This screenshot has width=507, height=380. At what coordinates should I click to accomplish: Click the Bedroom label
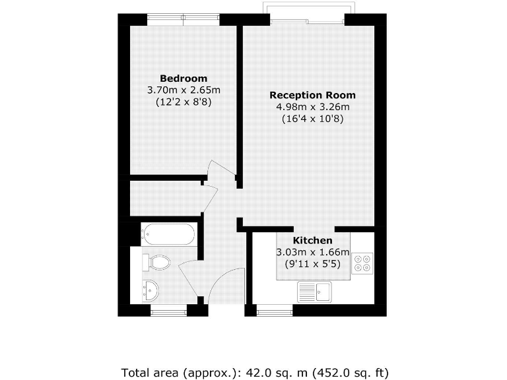[184, 79]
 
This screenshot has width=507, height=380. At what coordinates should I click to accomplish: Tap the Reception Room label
[312, 95]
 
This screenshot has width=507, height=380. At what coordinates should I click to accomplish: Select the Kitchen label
[312, 240]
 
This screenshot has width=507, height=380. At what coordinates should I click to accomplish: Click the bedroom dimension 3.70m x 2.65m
[184, 90]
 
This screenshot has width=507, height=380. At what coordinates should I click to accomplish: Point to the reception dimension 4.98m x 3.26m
[312, 107]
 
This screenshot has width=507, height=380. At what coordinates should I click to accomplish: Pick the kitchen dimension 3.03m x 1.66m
[312, 252]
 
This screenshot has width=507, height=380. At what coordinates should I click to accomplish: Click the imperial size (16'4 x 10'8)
[312, 119]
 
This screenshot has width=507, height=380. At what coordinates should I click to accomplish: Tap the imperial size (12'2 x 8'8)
[184, 102]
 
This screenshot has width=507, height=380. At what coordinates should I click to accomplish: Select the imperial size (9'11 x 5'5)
[312, 264]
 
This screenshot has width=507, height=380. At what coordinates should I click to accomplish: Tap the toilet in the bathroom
[156, 262]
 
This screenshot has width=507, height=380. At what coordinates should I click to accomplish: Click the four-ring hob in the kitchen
[362, 263]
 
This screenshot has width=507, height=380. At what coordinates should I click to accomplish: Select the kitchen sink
[314, 291]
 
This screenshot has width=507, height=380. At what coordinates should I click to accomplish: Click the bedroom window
[183, 19]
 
